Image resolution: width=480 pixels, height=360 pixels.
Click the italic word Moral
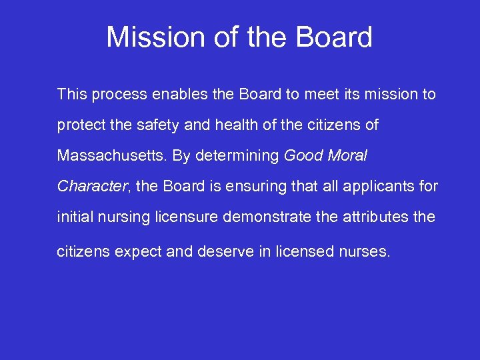[347, 156]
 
